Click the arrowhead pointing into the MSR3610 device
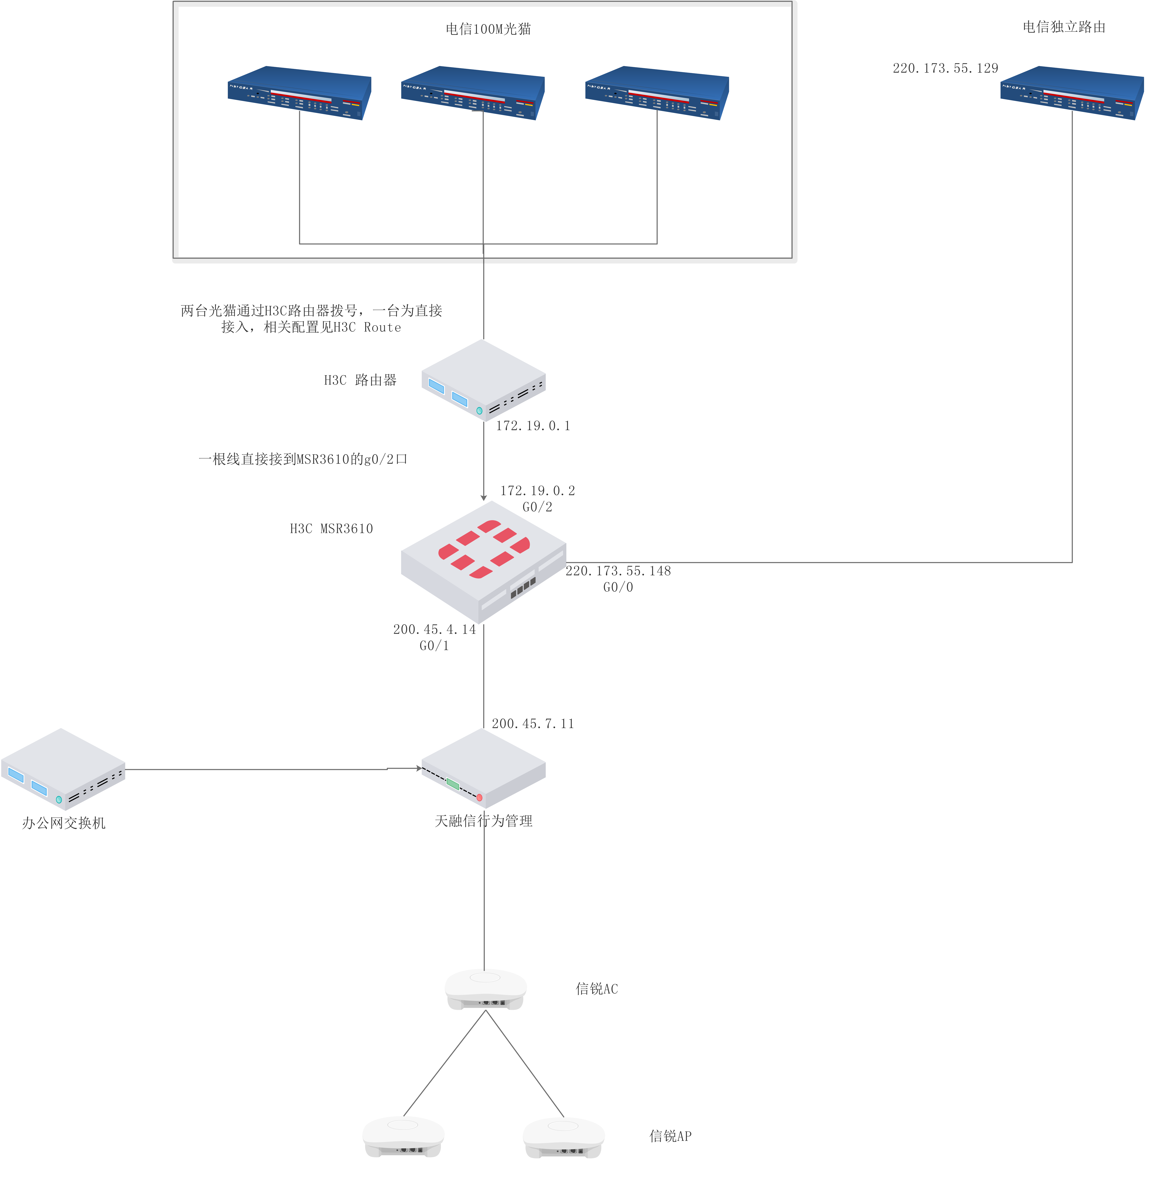(x=484, y=497)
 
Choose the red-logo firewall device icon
(x=484, y=562)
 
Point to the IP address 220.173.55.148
(x=618, y=571)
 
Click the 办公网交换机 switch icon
(x=63, y=769)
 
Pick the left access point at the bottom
(x=404, y=1136)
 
